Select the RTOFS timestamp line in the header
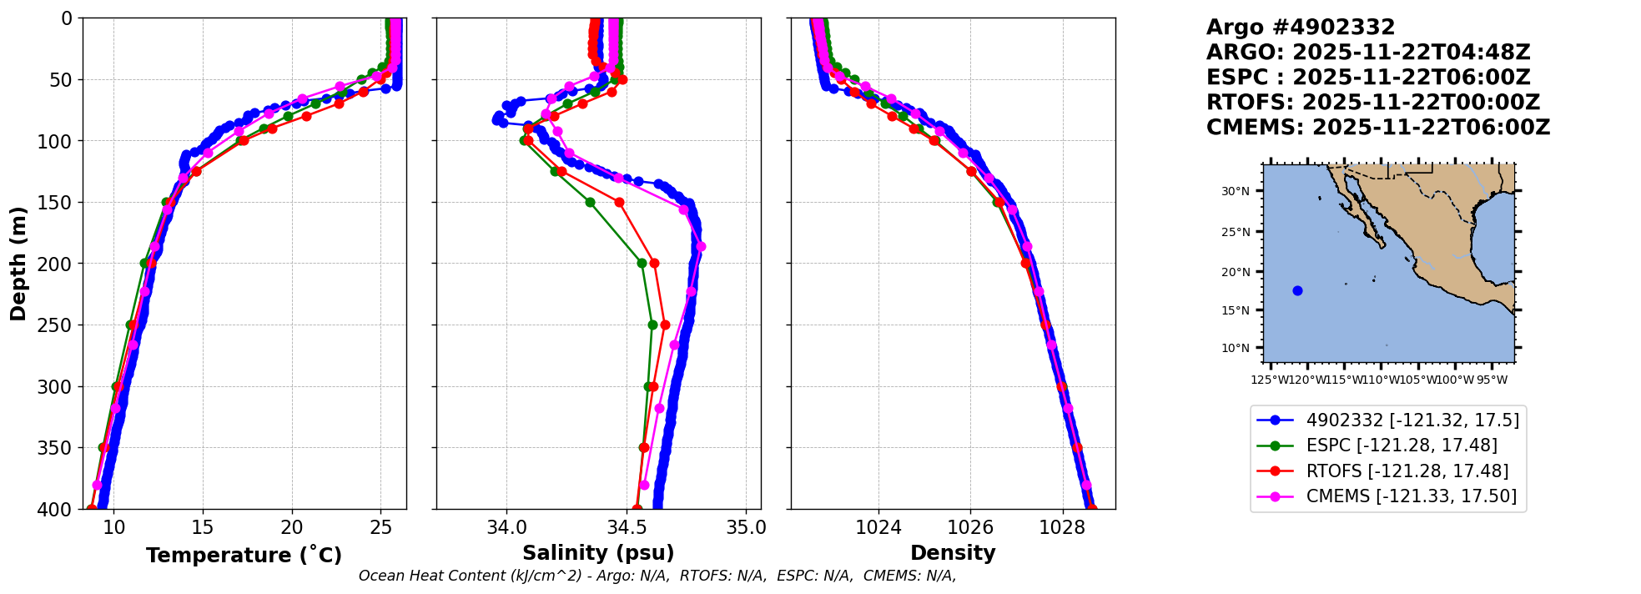1372,103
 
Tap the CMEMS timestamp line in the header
1377,128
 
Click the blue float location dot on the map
1297,290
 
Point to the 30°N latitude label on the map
1236,191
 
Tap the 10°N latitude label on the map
1236,348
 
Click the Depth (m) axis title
18,263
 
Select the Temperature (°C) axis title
244,556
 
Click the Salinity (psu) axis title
598,553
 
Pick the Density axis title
953,553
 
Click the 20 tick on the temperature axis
292,528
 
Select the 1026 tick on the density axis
971,528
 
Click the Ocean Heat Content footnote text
657,576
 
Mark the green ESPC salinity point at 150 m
590,202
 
